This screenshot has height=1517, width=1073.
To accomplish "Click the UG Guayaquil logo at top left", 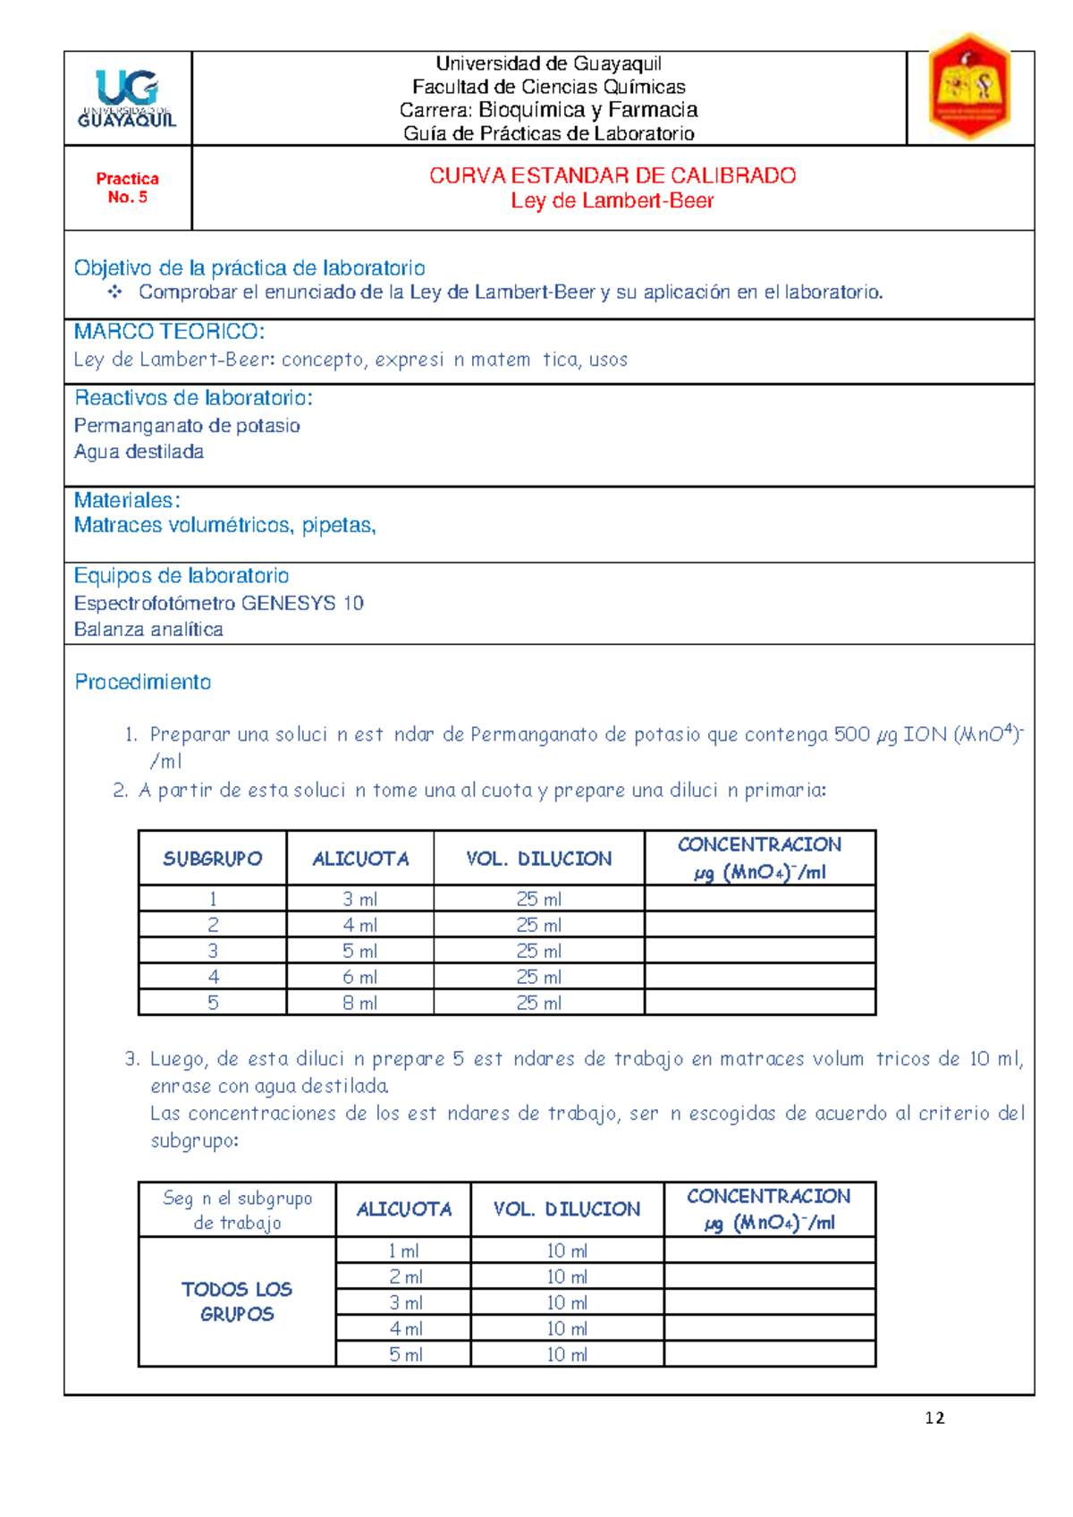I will click(x=128, y=98).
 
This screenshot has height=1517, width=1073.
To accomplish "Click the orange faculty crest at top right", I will click(x=970, y=87).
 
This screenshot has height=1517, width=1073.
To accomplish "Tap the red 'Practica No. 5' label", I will click(x=128, y=188).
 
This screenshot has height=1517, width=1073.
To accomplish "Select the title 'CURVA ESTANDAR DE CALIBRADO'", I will click(x=613, y=175).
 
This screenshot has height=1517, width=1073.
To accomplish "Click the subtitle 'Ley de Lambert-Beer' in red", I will click(x=613, y=201).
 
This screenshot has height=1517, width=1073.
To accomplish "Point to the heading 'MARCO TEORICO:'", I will click(x=169, y=332).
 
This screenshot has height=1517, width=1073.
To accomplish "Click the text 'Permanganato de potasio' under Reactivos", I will click(x=187, y=426).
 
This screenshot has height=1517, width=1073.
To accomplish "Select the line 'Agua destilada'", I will click(x=139, y=452).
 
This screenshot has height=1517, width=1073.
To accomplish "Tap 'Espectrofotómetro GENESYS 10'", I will click(x=218, y=603).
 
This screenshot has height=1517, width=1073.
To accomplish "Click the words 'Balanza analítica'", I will click(x=148, y=629).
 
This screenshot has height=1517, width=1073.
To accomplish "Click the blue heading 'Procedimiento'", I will click(x=142, y=682).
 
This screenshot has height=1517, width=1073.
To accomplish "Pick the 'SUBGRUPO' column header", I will click(x=213, y=859).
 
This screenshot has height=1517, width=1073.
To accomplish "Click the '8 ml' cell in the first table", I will click(x=359, y=1003).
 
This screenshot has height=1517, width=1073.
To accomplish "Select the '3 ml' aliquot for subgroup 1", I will click(x=359, y=899).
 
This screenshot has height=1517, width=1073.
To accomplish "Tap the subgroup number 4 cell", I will click(x=213, y=977).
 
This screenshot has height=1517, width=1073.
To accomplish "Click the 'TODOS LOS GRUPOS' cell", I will click(x=237, y=1301).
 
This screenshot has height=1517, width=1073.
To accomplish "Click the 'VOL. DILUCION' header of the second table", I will click(x=567, y=1209).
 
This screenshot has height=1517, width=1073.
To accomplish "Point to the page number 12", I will click(x=934, y=1418).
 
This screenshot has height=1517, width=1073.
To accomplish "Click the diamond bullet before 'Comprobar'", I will click(x=114, y=292).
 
